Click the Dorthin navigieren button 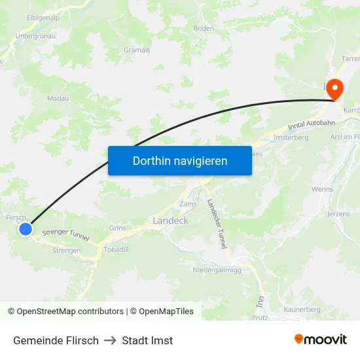pos(180,160)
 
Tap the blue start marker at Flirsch pos(26,229)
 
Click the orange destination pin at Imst pos(334,90)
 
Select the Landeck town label pos(170,221)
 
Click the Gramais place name pos(137,50)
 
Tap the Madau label pos(58,98)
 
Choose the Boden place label pos(204,28)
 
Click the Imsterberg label pos(291,137)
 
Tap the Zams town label pos(187,204)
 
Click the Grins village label pos(118,228)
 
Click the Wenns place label pos(322,189)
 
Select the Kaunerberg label pos(301,309)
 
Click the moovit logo pos(320,340)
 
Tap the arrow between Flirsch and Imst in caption pos(110,340)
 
